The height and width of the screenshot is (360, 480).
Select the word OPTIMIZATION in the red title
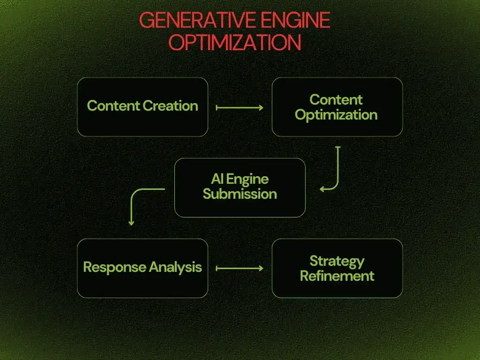pos(234,43)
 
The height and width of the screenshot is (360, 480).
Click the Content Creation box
pos(142,107)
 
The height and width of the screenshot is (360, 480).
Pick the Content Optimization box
pos(337,107)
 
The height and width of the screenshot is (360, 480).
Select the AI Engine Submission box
pos(240,187)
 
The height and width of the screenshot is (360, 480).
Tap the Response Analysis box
pos(142,268)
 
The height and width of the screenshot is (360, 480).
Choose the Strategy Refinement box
pos(337,268)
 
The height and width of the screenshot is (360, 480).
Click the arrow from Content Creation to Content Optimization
pos(240,107)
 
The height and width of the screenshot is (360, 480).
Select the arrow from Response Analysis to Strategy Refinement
pos(240,269)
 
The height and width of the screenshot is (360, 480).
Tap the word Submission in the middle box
pos(240,194)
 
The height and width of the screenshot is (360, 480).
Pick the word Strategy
pos(337,261)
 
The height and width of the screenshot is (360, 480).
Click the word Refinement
pos(337,276)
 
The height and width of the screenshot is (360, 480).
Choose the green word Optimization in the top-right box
pos(336,115)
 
